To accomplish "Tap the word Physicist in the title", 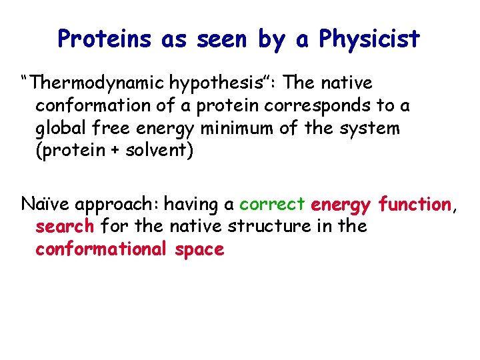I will point(369,39).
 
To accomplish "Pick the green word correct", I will point(272,203).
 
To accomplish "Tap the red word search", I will point(65,226).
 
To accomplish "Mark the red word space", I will point(199,249).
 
